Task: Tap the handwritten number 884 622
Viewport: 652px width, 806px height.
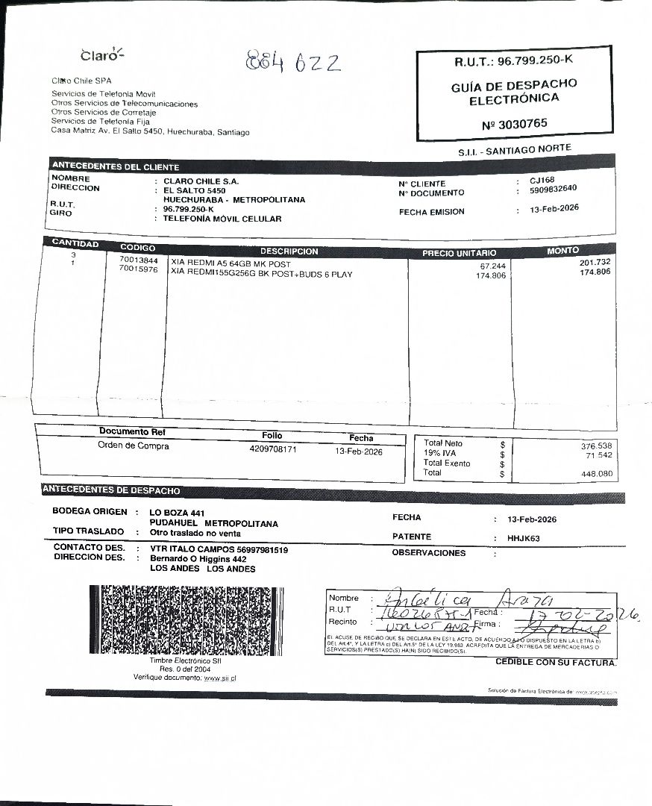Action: tap(292, 62)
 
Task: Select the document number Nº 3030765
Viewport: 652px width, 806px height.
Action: tap(514, 123)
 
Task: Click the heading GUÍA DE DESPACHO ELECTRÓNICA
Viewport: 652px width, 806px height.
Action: tap(513, 92)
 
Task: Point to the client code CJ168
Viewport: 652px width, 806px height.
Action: tap(542, 180)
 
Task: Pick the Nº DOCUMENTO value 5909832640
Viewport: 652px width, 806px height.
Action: tap(553, 189)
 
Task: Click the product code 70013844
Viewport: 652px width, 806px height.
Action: tap(138, 260)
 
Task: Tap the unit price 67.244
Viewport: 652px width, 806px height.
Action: tap(492, 266)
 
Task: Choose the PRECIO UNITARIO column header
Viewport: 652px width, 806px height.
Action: tap(459, 253)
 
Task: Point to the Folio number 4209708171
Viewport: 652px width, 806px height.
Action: tap(273, 450)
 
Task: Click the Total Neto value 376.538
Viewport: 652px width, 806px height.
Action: tap(596, 446)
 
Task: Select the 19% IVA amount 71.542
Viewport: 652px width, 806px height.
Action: tap(598, 455)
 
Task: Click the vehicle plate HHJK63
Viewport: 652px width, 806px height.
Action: tap(523, 538)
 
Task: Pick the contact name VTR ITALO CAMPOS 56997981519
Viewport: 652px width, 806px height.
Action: tap(219, 549)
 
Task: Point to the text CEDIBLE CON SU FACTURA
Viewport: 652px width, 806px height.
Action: tap(556, 662)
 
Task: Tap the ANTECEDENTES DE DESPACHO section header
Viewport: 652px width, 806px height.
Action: tap(110, 490)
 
